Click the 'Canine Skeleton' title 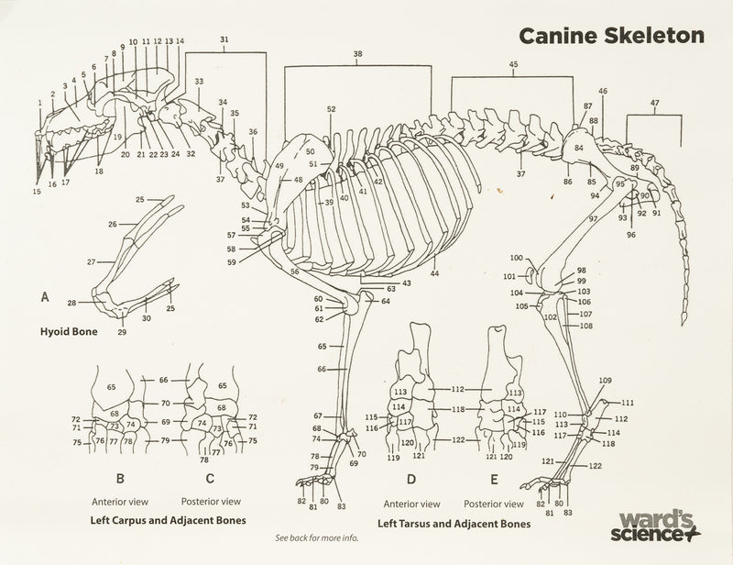pyautogui.click(x=610, y=35)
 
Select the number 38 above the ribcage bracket pyautogui.click(x=357, y=55)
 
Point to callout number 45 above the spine pyautogui.click(x=513, y=64)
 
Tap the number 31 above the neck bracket pyautogui.click(x=225, y=39)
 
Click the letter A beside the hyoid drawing pyautogui.click(x=45, y=298)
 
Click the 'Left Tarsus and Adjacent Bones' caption pyautogui.click(x=454, y=524)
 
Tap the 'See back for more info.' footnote pyautogui.click(x=310, y=538)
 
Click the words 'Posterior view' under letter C pyautogui.click(x=212, y=502)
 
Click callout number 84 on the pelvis pyautogui.click(x=579, y=147)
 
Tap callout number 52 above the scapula pyautogui.click(x=331, y=109)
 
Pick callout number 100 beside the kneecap pyautogui.click(x=516, y=259)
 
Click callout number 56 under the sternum pyautogui.click(x=295, y=272)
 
